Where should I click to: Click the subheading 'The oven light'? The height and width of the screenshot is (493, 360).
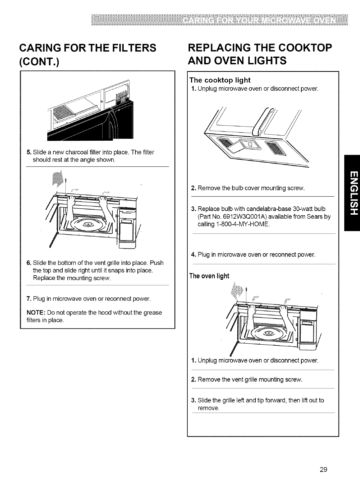(209, 276)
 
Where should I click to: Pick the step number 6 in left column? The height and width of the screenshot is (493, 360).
(29, 262)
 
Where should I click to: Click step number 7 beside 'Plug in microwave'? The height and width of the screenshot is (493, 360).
(29, 298)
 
